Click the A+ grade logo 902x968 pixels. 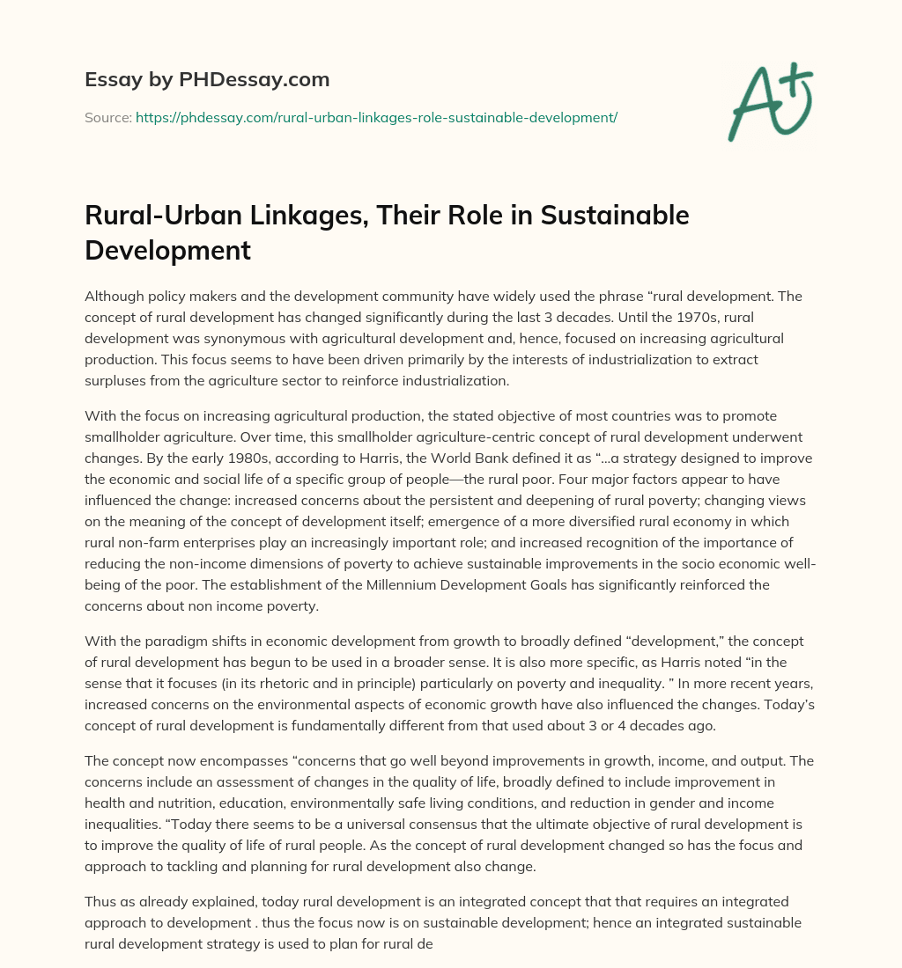coord(769,104)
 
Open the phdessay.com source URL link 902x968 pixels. coord(376,117)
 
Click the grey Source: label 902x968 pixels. coord(107,117)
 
